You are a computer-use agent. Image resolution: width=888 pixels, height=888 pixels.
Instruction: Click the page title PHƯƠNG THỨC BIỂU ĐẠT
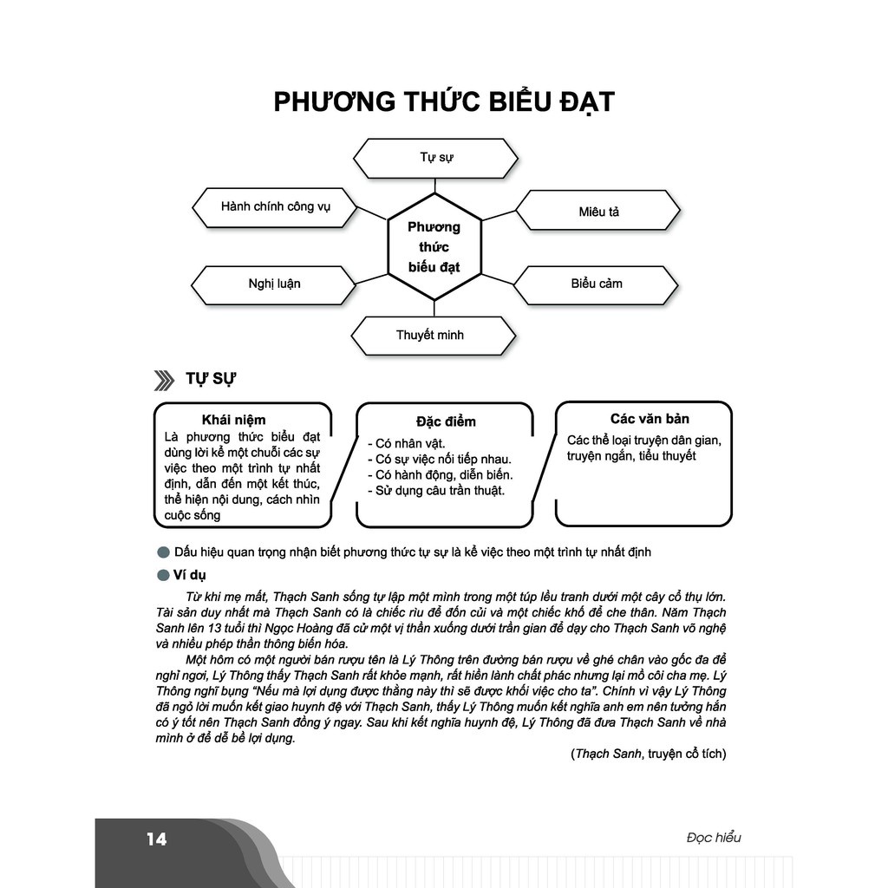pyautogui.click(x=443, y=102)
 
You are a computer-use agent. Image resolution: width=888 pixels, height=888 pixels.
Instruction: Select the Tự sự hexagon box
pyautogui.click(x=436, y=158)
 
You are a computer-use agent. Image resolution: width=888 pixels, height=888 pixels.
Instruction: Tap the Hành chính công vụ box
pyautogui.click(x=275, y=207)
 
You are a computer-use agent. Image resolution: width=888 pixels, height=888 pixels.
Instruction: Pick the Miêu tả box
pyautogui.click(x=598, y=212)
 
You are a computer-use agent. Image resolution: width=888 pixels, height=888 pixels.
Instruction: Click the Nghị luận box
pyautogui.click(x=274, y=284)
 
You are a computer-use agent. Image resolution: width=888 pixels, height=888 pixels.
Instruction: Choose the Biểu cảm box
pyautogui.click(x=596, y=284)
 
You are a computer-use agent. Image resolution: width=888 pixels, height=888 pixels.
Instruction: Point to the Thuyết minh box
pyautogui.click(x=430, y=336)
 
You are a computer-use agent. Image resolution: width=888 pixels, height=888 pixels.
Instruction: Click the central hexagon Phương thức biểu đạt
pyautogui.click(x=434, y=247)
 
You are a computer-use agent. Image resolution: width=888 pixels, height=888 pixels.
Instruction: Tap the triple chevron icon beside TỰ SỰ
pyautogui.click(x=164, y=380)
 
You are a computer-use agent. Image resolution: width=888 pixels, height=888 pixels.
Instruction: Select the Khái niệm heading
pyautogui.click(x=233, y=420)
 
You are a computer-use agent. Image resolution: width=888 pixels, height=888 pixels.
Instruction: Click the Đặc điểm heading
pyautogui.click(x=446, y=422)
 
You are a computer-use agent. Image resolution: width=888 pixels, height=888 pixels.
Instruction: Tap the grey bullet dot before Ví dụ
pyautogui.click(x=162, y=575)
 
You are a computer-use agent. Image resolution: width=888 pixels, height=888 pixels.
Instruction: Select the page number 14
pyautogui.click(x=156, y=839)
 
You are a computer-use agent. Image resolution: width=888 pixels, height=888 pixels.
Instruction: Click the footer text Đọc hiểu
pyautogui.click(x=713, y=838)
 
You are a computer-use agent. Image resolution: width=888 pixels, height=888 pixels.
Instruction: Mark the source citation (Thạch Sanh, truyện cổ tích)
pyautogui.click(x=648, y=754)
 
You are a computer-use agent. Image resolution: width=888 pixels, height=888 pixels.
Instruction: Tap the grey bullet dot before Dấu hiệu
pyautogui.click(x=162, y=552)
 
